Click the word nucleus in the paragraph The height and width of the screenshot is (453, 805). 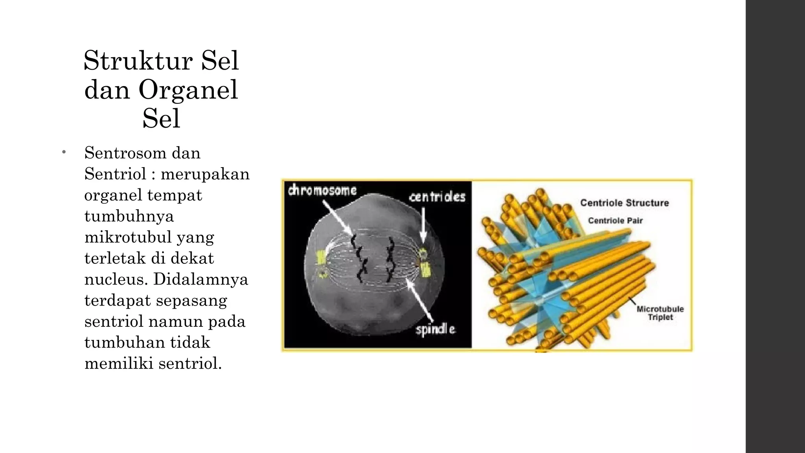click(116, 279)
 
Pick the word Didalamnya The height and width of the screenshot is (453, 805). click(200, 279)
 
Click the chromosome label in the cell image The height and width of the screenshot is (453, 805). click(322, 191)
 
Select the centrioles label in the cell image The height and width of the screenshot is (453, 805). click(437, 197)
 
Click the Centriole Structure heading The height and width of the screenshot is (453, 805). click(624, 203)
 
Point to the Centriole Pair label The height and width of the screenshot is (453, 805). click(615, 221)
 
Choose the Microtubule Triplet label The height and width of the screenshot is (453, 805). click(660, 313)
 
